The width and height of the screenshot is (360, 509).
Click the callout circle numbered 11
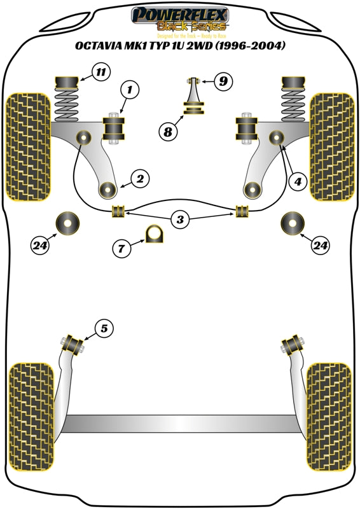100,72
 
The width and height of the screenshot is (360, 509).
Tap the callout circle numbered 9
223,81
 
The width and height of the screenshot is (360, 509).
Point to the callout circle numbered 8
167,132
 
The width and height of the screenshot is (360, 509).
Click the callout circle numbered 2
141,179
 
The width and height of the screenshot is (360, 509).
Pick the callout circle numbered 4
296,181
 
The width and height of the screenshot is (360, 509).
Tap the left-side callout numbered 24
40,244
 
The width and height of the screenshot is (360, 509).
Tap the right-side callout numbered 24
320,244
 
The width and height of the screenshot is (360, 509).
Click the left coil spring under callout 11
66,102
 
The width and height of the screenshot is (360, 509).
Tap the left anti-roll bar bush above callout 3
117,211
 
